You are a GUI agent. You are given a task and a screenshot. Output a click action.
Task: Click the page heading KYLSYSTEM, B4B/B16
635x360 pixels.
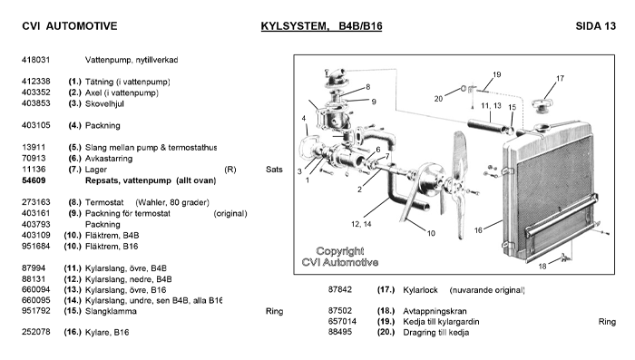click(x=321, y=26)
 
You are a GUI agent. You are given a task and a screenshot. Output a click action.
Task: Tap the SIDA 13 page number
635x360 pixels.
click(x=595, y=26)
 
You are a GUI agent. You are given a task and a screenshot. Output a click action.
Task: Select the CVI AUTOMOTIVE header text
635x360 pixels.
click(x=70, y=26)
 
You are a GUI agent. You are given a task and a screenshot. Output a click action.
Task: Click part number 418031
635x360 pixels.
click(x=35, y=60)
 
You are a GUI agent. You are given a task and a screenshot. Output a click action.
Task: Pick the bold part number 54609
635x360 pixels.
click(x=34, y=180)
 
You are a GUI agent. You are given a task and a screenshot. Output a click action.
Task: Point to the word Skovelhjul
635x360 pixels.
click(x=104, y=103)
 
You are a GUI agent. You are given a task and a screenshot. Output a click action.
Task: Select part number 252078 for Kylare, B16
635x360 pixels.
click(x=36, y=332)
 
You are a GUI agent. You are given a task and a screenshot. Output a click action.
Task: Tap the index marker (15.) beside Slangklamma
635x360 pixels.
click(x=73, y=311)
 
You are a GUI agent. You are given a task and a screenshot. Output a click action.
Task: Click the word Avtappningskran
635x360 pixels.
click(x=435, y=311)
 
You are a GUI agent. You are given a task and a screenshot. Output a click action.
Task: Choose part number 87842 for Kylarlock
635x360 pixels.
click(x=340, y=289)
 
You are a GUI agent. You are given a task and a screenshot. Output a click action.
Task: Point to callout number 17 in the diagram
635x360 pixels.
click(x=560, y=78)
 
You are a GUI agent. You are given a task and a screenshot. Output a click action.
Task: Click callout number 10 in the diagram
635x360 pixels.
click(x=431, y=233)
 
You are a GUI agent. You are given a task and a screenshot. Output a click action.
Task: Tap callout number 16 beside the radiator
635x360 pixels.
click(x=478, y=230)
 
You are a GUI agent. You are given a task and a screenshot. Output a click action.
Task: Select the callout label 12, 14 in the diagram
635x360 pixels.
click(x=361, y=224)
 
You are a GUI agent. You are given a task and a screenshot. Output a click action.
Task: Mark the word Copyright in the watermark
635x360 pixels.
click(x=340, y=251)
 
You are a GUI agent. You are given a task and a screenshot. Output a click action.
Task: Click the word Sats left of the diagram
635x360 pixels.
click(x=274, y=170)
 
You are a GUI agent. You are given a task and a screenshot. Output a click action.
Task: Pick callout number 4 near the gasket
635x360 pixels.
click(x=303, y=118)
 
